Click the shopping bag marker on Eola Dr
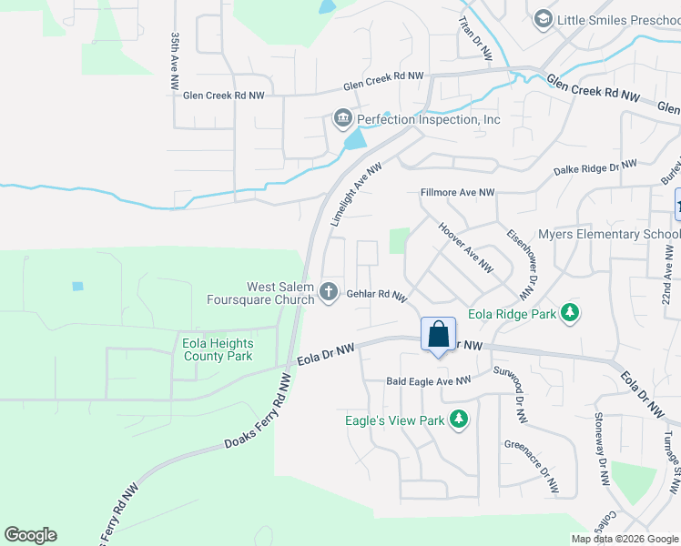click(438, 334)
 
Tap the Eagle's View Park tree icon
click(461, 420)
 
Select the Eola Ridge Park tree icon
click(570, 313)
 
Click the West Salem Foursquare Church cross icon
click(329, 292)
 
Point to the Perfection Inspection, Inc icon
click(342, 119)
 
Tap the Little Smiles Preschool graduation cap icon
click(543, 19)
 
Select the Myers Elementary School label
click(609, 234)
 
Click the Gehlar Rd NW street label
click(375, 294)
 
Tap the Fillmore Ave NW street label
click(457, 193)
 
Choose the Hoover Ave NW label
click(465, 248)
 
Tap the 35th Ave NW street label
click(175, 61)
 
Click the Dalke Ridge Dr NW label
click(595, 169)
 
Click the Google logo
click(30, 535)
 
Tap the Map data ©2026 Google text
click(625, 539)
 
